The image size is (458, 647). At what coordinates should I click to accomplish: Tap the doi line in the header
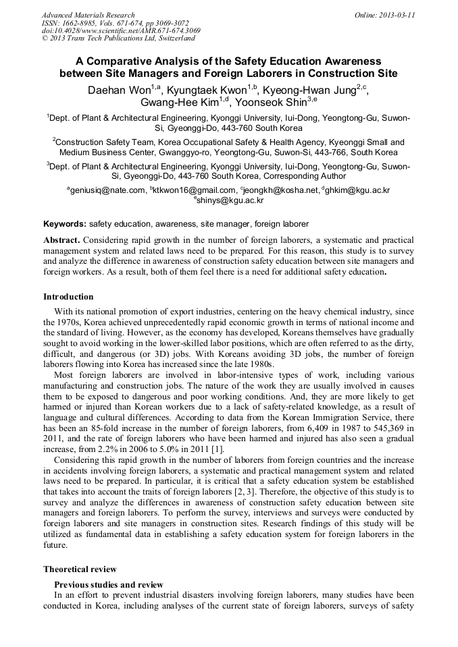[x=121, y=30]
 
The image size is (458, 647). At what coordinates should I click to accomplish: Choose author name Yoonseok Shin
[x=268, y=103]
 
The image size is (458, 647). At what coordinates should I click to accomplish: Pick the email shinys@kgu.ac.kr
[x=230, y=200]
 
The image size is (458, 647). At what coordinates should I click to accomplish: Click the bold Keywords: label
[x=65, y=223]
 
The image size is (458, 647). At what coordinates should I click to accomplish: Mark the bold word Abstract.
[x=61, y=240]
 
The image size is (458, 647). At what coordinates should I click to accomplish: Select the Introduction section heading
[x=68, y=297]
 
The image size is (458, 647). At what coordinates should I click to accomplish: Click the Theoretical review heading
[x=80, y=569]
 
